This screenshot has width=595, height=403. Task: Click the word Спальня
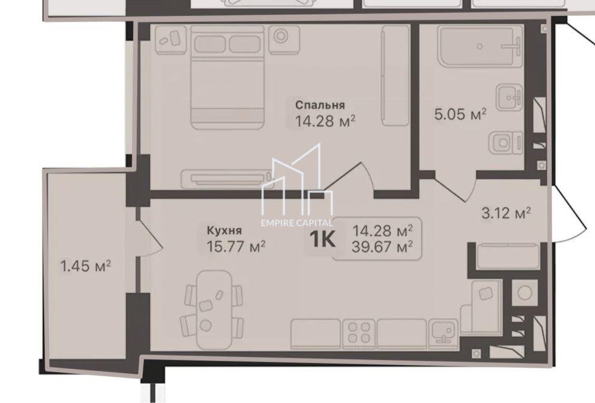pyautogui.click(x=320, y=105)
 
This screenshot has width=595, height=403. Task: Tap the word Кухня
pyautogui.click(x=224, y=230)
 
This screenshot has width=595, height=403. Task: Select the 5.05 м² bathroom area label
pyautogui.click(x=461, y=114)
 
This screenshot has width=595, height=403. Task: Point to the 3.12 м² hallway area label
pyautogui.click(x=506, y=213)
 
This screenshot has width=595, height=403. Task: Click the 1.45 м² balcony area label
pyautogui.click(x=86, y=265)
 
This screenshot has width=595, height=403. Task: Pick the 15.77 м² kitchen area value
pyautogui.click(x=236, y=246)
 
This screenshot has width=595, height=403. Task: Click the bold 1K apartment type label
pyautogui.click(x=322, y=239)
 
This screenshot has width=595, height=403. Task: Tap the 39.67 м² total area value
pyautogui.click(x=382, y=248)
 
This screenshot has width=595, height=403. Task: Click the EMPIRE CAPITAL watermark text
pyautogui.click(x=297, y=223)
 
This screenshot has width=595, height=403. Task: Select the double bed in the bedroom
pyautogui.click(x=227, y=77)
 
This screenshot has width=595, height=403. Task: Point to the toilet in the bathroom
pyautogui.click(x=506, y=143)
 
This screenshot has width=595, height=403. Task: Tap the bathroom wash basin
pyautogui.click(x=510, y=97)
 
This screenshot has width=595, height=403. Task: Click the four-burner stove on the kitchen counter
pyautogui.click(x=359, y=333)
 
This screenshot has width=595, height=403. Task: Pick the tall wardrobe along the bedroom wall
pyautogui.click(x=396, y=76)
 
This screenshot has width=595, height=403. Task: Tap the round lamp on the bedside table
pyautogui.click(x=281, y=36)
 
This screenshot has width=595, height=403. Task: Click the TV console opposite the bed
pyautogui.click(x=227, y=179)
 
